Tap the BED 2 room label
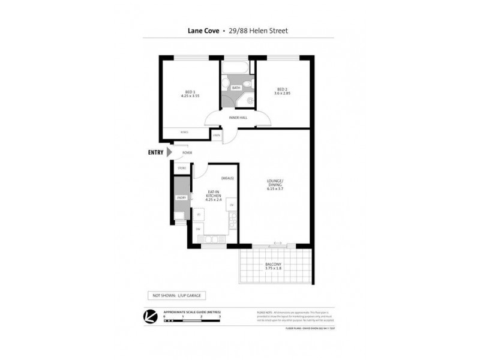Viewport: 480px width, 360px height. click(282, 91)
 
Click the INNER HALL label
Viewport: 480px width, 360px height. click(238, 118)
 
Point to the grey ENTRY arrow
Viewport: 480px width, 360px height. click(169, 153)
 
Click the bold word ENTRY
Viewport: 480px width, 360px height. click(155, 153)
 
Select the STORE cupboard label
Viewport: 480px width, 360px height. click(182, 169)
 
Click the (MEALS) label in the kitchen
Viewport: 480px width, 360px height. click(227, 178)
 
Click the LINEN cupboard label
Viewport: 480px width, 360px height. click(216, 136)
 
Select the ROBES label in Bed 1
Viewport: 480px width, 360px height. click(175, 131)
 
